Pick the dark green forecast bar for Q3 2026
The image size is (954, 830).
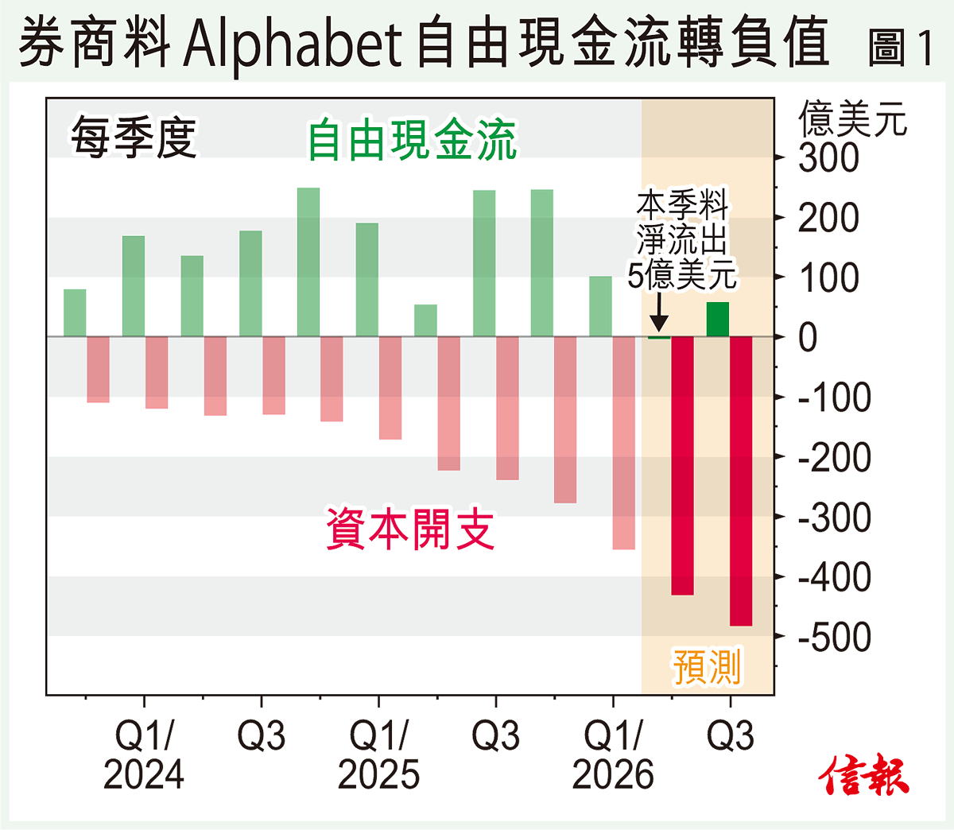coord(718,320)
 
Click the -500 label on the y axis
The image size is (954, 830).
coord(834,638)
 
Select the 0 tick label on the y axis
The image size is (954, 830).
coord(808,338)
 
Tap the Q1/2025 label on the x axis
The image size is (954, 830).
coord(378,755)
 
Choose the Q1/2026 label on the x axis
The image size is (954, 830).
coord(613,755)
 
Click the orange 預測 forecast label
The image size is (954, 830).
coord(707,666)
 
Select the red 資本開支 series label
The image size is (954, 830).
coord(410,529)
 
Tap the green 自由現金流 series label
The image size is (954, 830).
coord(412,141)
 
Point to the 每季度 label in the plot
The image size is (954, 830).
coord(134,138)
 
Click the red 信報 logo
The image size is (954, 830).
coord(864,774)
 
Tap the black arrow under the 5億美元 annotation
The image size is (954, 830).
coord(659,314)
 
